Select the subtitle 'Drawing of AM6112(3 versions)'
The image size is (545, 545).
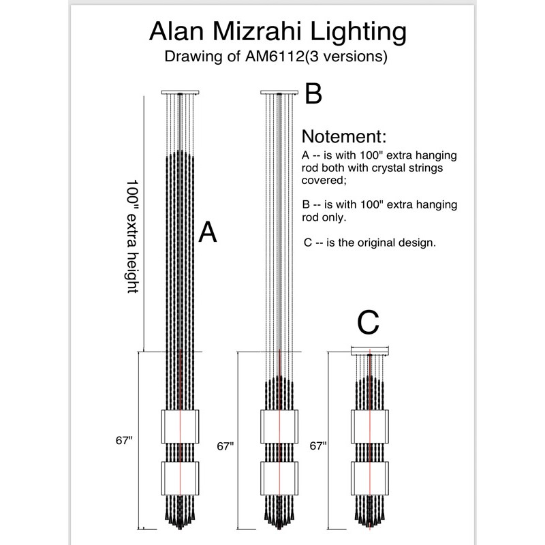coord(276,57)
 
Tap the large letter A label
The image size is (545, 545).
coord(208,233)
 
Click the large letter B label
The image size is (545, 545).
coord(313,94)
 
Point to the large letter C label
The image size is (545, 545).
coord(368,324)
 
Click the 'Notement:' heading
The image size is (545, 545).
coord(344,135)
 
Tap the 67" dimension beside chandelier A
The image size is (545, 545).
coord(123,441)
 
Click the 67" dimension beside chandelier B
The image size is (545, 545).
coord(225,446)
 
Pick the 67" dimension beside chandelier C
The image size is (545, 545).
coord(317,446)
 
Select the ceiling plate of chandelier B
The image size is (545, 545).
coord(280,92)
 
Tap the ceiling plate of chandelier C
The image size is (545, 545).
coord(369,351)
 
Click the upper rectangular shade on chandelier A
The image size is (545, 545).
coord(178,426)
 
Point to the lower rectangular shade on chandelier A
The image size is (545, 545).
coord(178,477)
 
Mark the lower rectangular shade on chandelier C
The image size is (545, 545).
coord(369,477)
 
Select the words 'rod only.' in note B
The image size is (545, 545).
coord(324,217)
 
